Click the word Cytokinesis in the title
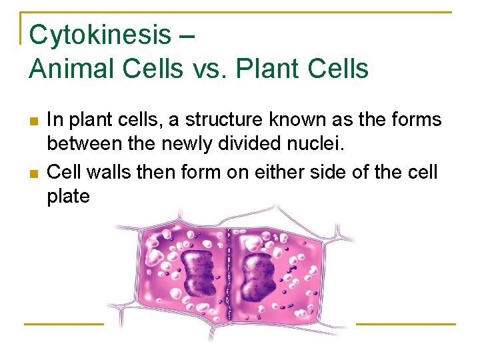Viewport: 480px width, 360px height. point(100,35)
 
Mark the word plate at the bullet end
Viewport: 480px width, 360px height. point(68,197)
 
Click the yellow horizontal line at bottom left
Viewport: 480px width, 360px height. point(64,324)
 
